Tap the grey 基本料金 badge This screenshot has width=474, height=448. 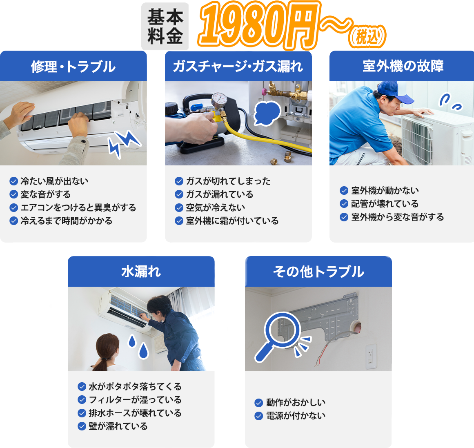pyautogui.click(x=165, y=26)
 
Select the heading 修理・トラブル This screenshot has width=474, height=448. pyautogui.click(x=73, y=67)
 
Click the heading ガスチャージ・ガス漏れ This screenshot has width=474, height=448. pyautogui.click(x=238, y=66)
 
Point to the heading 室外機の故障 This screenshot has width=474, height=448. pyautogui.click(x=403, y=66)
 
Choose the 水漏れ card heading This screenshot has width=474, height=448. pyautogui.click(x=141, y=272)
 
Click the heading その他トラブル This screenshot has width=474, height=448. pyautogui.click(x=318, y=272)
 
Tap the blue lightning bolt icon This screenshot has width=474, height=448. pyautogui.click(x=124, y=143)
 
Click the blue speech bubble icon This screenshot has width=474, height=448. pyautogui.click(x=267, y=113)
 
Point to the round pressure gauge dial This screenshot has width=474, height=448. pyautogui.click(x=219, y=98)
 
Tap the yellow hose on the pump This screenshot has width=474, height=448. pyautogui.click(x=261, y=137)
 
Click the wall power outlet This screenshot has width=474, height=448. pyautogui.click(x=371, y=356)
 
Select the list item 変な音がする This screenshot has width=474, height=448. pyautogui.click(x=45, y=194)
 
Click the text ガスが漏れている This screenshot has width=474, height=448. pyautogui.click(x=219, y=194)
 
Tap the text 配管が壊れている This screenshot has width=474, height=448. pyautogui.click(x=385, y=204)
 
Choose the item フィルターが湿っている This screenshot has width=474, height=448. pyautogui.click(x=135, y=400)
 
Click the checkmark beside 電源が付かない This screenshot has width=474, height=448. pyautogui.click(x=258, y=416)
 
